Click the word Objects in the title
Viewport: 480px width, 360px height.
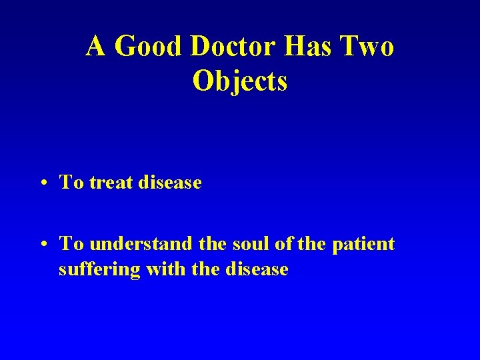[x=240, y=81]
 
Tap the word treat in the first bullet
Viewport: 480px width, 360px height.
[x=112, y=182]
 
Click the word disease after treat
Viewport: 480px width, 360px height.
[x=171, y=182]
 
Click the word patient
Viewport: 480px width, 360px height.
[x=365, y=245]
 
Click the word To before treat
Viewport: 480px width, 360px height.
[x=71, y=182]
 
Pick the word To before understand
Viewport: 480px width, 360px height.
[x=71, y=244]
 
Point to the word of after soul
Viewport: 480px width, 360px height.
[x=283, y=244]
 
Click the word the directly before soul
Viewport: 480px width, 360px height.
[x=212, y=244]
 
